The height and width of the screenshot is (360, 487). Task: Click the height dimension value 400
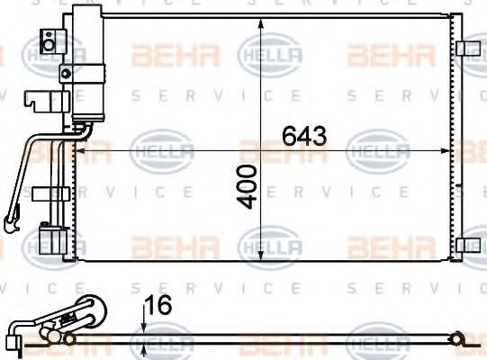pyautogui.click(x=248, y=186)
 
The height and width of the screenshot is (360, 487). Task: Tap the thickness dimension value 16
pyautogui.click(x=158, y=306)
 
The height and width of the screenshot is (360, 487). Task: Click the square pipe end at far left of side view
pyautogui.click(x=13, y=340)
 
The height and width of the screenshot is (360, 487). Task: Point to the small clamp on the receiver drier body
pyautogui.click(x=65, y=71)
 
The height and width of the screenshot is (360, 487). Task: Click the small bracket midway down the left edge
pyautogui.click(x=43, y=192)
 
